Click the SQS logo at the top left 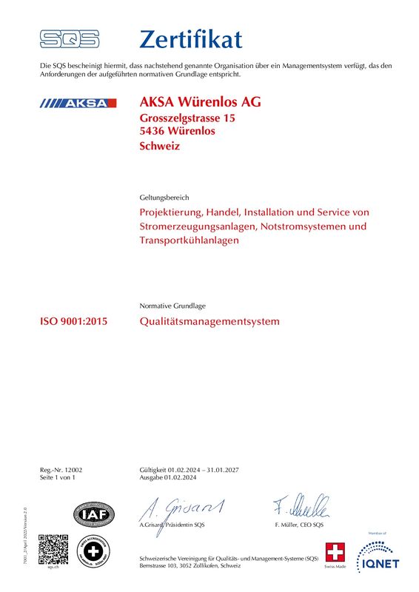click(69, 38)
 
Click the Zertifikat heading click(190, 38)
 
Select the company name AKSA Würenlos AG click(200, 102)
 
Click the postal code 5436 click(152, 131)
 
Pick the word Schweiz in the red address click(159, 146)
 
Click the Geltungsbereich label click(164, 198)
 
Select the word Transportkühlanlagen click(189, 240)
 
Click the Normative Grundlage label click(172, 306)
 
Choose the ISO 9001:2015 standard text click(73, 322)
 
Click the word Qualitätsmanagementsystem click(209, 322)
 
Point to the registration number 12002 click(73, 471)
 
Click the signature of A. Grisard click(181, 508)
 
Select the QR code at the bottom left click(53, 548)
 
